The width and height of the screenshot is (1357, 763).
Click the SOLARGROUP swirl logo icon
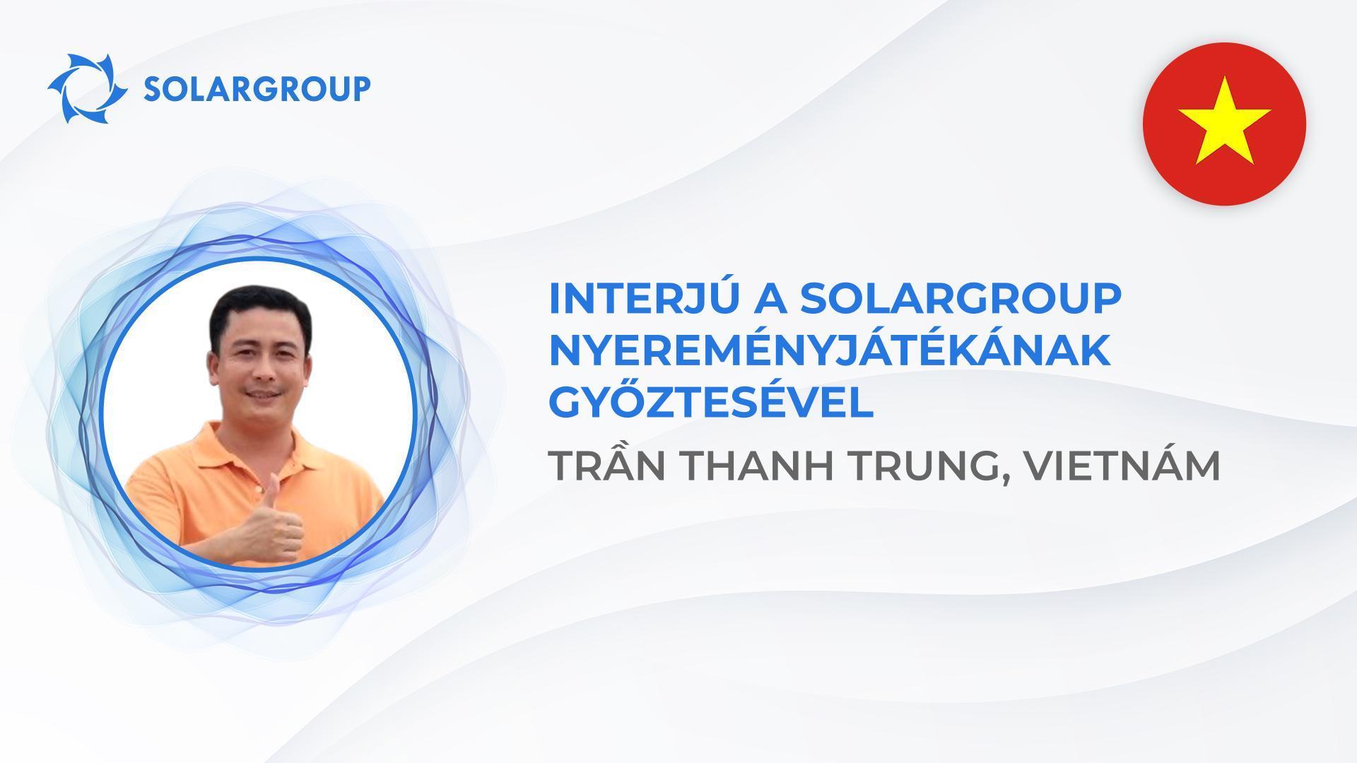(88, 89)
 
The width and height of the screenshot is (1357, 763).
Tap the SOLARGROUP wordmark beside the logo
(257, 90)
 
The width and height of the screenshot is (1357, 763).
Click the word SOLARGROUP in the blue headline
(961, 300)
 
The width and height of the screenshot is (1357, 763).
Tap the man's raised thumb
(270, 490)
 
